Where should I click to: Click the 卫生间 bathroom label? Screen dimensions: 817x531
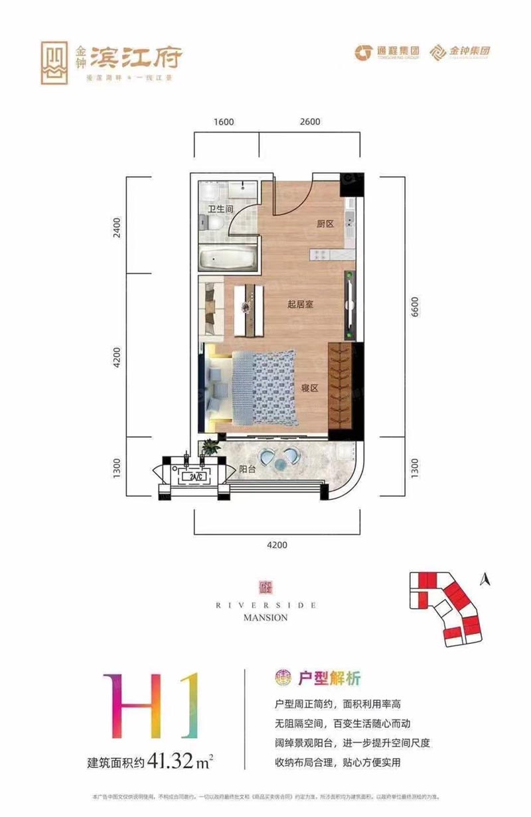(x=220, y=209)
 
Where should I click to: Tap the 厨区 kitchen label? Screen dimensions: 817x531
(x=325, y=224)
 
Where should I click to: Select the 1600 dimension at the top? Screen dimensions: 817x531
(x=225, y=121)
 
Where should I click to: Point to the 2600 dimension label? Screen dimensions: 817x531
(x=310, y=121)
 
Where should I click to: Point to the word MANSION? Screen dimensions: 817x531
(x=265, y=617)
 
